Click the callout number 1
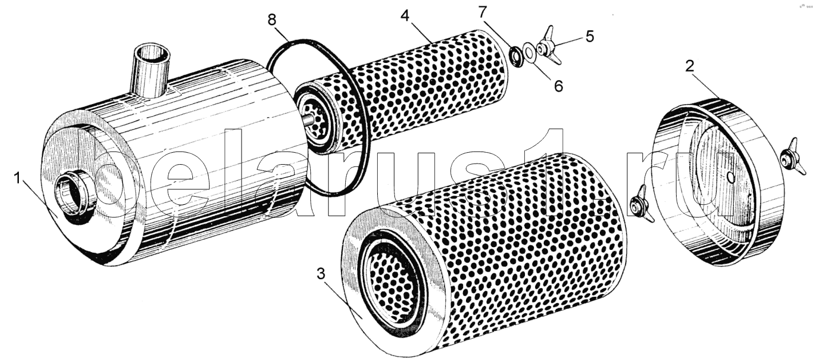tap(17, 178)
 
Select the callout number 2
tap(689, 66)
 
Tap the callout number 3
tap(321, 274)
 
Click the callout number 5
tap(590, 36)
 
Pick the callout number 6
tap(559, 86)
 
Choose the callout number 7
tap(482, 12)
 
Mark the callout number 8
tap(272, 19)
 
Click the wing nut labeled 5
tap(548, 45)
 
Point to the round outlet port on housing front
tap(75, 197)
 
